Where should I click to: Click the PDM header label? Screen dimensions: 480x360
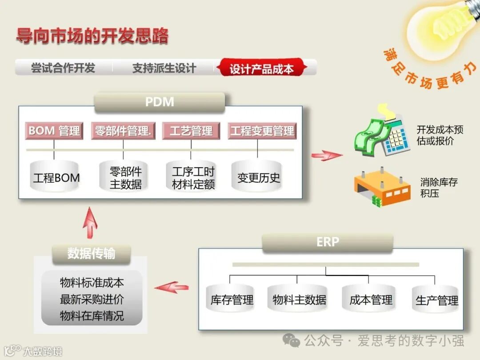pyautogui.click(x=160, y=102)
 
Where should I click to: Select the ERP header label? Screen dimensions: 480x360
pyautogui.click(x=328, y=242)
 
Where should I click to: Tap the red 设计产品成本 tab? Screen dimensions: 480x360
pyautogui.click(x=261, y=68)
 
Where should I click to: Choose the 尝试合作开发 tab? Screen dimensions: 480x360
pyautogui.click(x=63, y=68)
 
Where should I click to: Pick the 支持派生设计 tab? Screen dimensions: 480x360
pyautogui.click(x=164, y=68)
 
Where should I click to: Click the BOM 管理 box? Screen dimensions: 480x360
pyautogui.click(x=54, y=131)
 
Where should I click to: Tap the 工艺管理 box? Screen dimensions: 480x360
pyautogui.click(x=191, y=131)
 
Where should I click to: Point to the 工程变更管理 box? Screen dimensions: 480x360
pyautogui.click(x=262, y=131)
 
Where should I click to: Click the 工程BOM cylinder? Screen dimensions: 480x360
pyautogui.click(x=56, y=177)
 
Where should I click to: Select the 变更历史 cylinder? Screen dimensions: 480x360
pyautogui.click(x=258, y=177)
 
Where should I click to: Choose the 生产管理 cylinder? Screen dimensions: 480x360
pyautogui.click(x=436, y=300)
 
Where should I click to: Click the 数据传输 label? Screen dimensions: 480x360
pyautogui.click(x=92, y=254)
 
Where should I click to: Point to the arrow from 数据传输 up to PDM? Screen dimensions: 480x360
pyautogui.click(x=90, y=222)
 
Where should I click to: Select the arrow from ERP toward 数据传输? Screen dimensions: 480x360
pyautogui.click(x=172, y=287)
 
